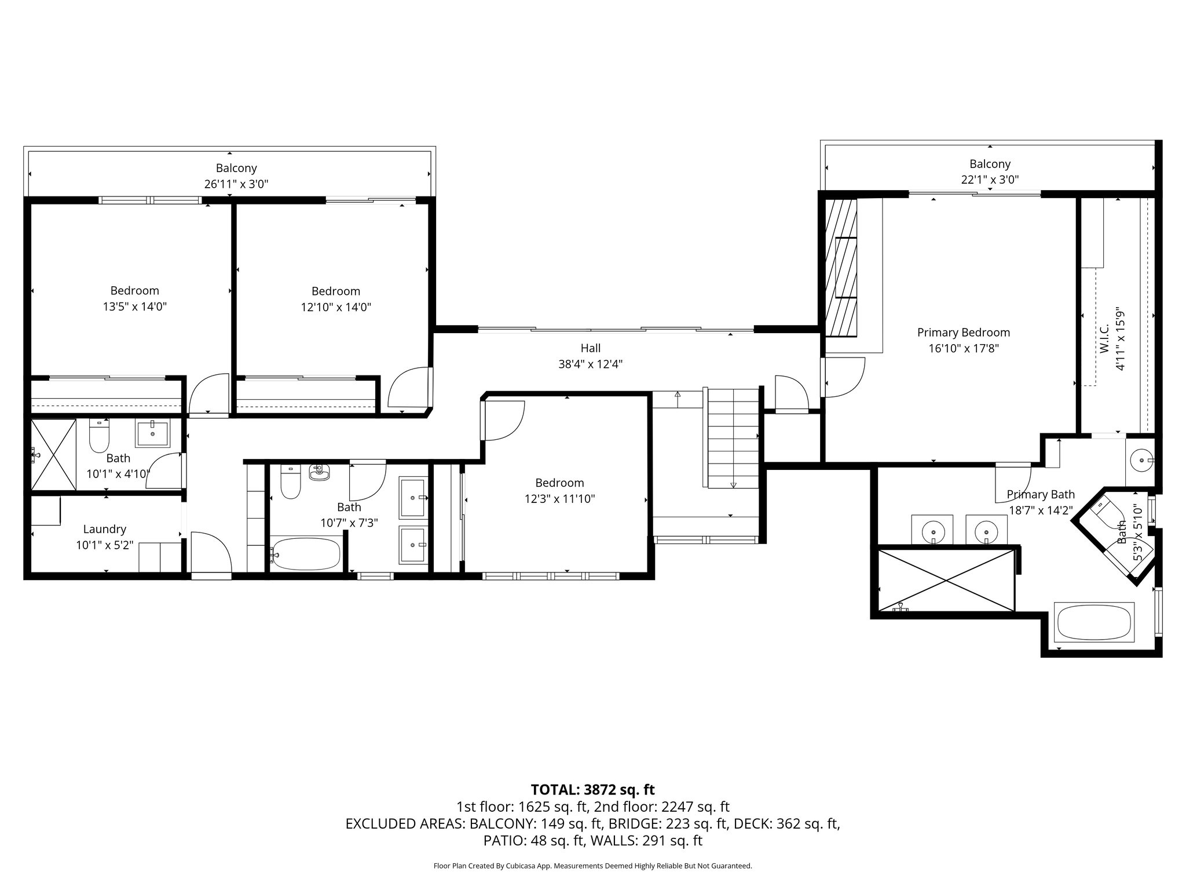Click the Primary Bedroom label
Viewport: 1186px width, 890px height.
click(x=963, y=333)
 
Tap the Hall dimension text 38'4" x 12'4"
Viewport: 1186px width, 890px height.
click(x=590, y=364)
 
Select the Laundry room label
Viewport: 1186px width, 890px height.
click(x=104, y=529)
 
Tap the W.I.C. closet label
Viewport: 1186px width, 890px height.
click(x=1104, y=339)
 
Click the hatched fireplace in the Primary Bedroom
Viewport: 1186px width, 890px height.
click(x=840, y=268)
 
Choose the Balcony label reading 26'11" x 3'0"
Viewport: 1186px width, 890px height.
click(x=236, y=184)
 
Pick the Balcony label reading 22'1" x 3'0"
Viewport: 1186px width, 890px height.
click(x=990, y=180)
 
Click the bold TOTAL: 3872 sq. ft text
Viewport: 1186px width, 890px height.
click(x=592, y=790)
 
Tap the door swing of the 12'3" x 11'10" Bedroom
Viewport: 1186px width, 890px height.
click(x=503, y=421)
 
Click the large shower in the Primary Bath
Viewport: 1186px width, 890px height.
click(x=946, y=579)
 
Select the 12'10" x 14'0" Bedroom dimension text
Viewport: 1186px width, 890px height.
click(x=336, y=307)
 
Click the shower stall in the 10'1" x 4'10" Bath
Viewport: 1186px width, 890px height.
click(x=53, y=455)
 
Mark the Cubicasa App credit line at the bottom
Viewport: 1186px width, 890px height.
click(x=592, y=866)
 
